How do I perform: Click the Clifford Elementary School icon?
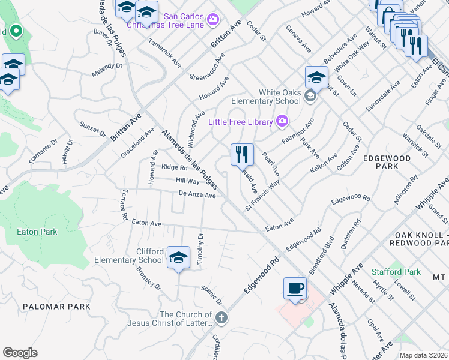coord(178,258)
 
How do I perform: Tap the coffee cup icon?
coord(295,289)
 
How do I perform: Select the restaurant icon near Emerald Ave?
coord(242,155)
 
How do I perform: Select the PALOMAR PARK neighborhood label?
coord(56,307)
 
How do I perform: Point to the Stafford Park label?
coord(396,272)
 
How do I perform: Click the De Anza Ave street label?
coord(197,194)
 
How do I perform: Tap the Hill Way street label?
coord(187,181)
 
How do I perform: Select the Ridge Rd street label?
coord(174,167)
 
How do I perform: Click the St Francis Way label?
coord(263,194)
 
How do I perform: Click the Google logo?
coord(20,353)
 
